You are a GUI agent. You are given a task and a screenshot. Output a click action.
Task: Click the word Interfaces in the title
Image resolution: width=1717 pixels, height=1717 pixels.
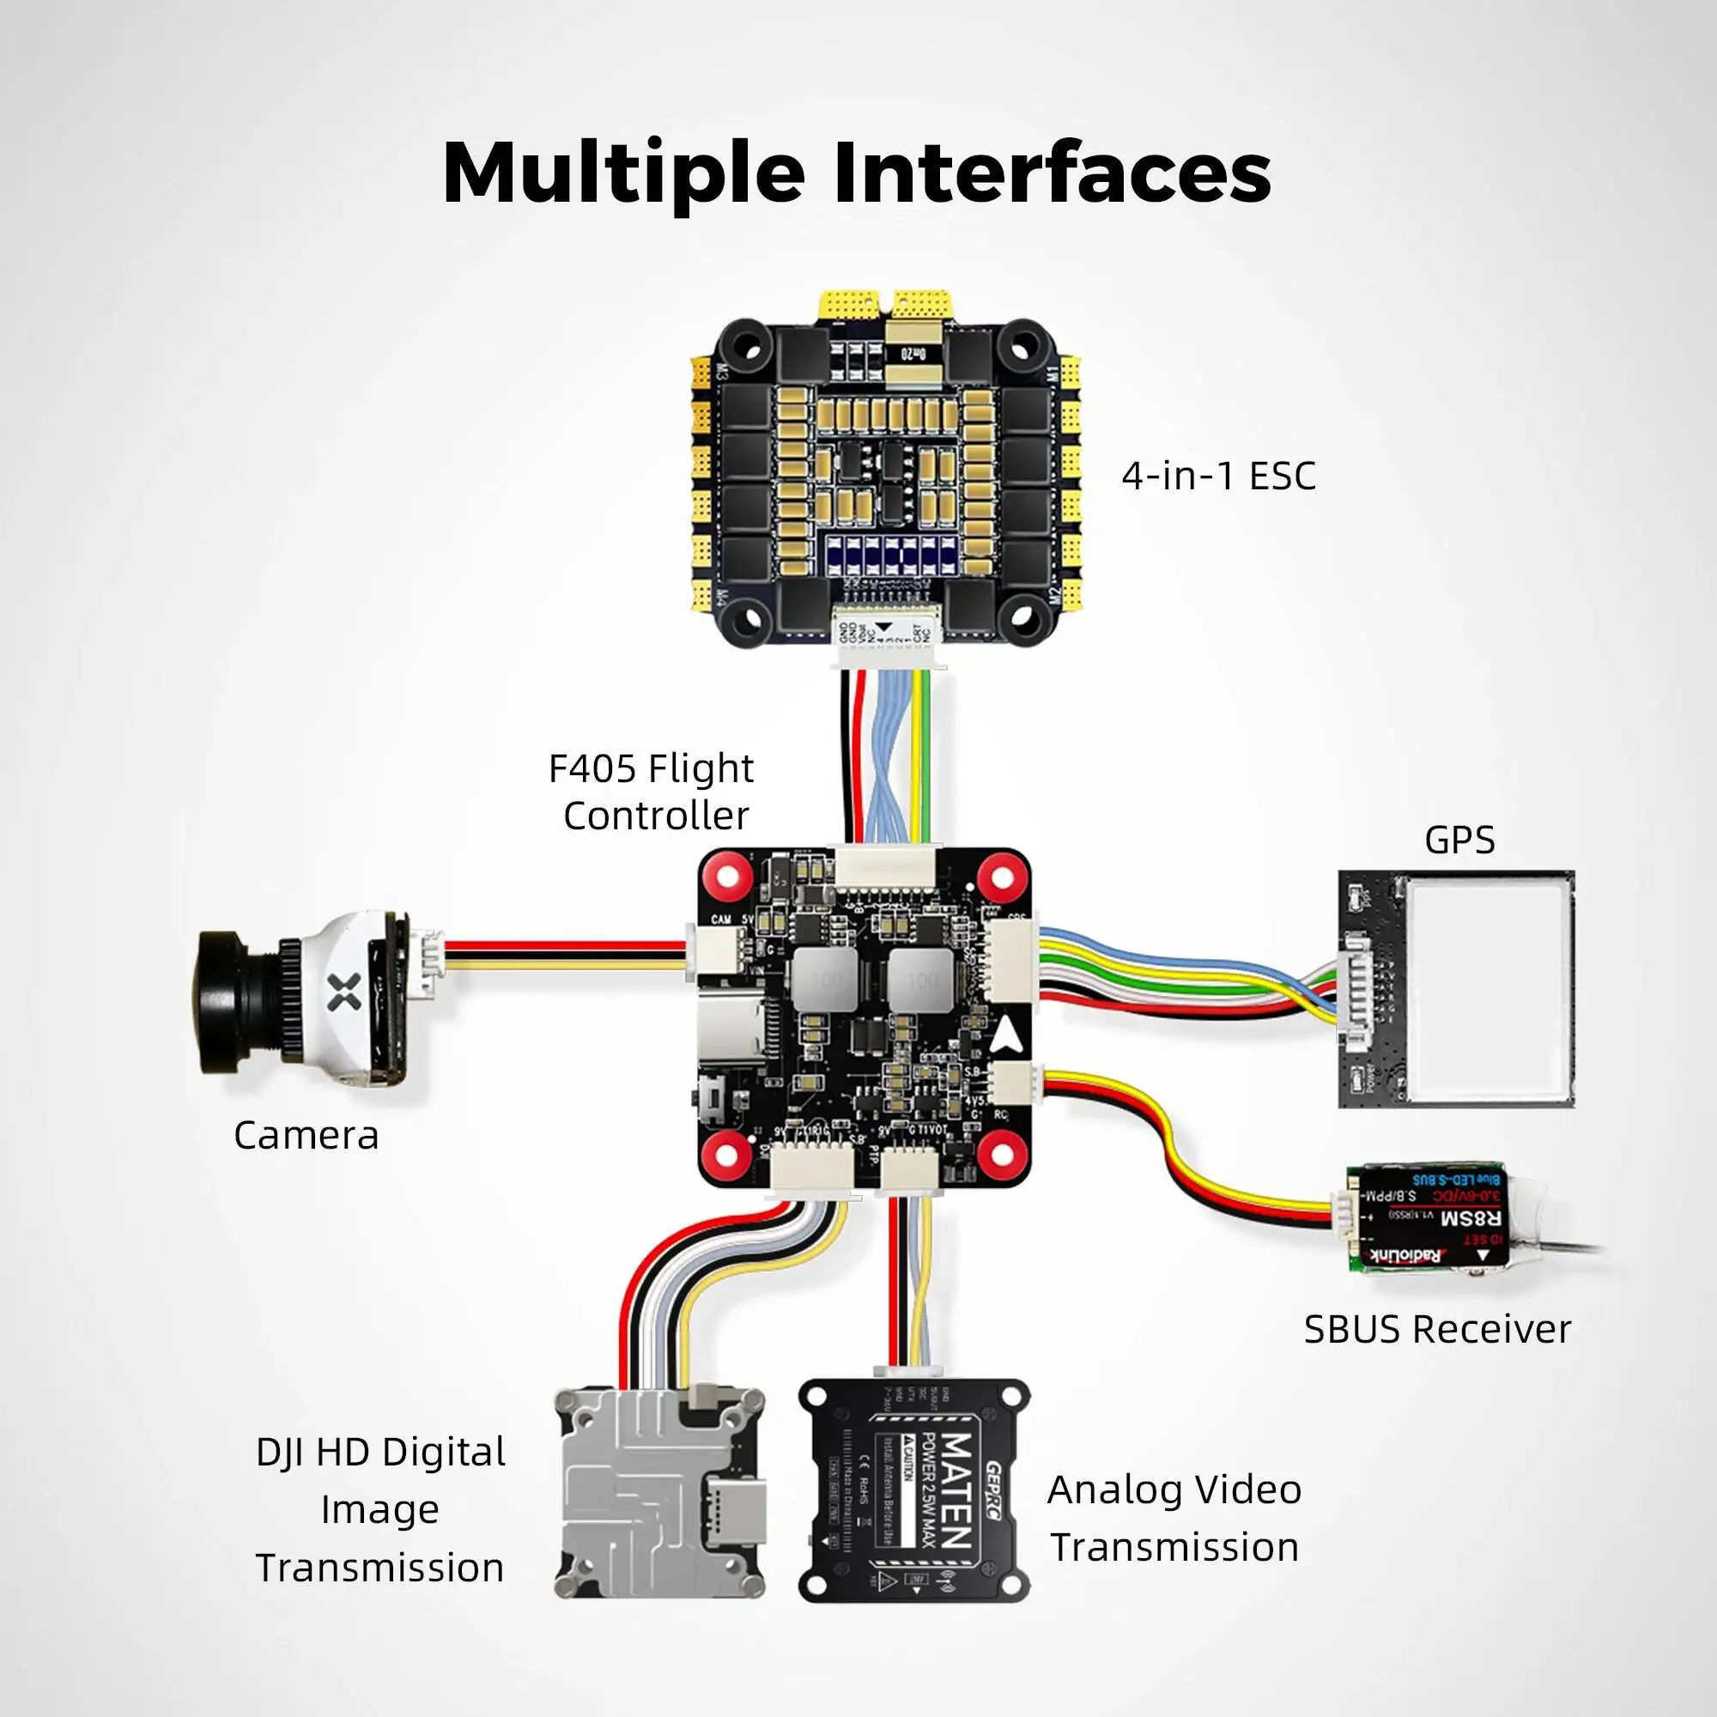tap(1053, 172)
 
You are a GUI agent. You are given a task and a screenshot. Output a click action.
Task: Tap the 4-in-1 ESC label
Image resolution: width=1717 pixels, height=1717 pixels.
tap(1218, 476)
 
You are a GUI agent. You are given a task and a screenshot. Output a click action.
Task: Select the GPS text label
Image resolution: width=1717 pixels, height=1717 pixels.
tap(1459, 840)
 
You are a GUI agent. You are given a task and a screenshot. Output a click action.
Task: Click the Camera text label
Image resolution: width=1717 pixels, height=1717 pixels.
tap(306, 1136)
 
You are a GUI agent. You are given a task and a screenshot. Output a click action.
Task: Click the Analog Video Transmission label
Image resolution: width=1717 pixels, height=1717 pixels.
tap(1174, 1518)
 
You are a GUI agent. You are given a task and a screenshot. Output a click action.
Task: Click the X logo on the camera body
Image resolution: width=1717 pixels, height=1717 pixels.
tap(344, 992)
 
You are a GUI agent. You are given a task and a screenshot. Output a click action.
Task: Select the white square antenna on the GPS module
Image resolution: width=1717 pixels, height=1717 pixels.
tap(1490, 986)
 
